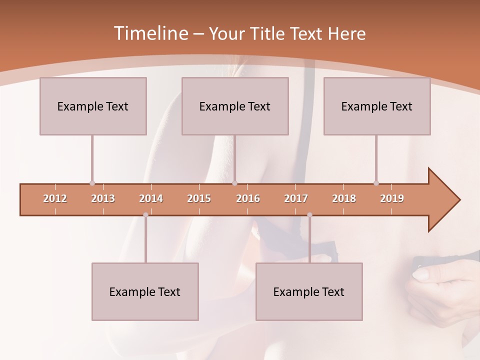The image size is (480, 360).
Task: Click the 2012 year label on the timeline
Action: point(55,198)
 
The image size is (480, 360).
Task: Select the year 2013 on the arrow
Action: point(103,198)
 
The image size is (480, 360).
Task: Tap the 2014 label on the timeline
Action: point(151,198)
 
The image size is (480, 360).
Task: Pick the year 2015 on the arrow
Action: point(199,198)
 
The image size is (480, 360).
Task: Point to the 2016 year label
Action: point(248,198)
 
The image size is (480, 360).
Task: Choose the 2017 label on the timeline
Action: point(296,198)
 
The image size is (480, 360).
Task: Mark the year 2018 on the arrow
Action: point(344,198)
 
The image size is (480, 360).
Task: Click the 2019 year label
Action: point(392,198)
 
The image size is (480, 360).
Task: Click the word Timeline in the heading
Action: point(150,33)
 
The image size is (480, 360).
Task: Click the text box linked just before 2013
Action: point(93,106)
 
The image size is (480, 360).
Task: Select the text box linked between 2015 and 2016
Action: point(235,106)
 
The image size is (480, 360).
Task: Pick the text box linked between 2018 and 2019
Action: point(377,106)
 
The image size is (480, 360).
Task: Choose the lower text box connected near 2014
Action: point(145,291)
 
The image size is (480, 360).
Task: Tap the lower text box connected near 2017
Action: point(309,291)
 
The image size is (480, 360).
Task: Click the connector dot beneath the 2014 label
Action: point(145,215)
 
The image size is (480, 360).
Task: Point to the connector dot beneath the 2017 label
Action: point(309,215)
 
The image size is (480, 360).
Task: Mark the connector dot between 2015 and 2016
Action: point(234,183)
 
